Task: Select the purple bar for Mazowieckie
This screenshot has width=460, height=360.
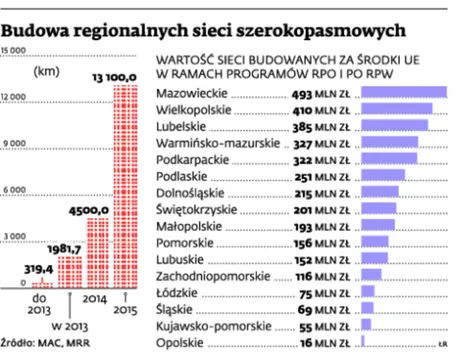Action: pyautogui.click(x=403, y=93)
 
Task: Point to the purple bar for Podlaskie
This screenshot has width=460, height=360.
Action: pyautogui.click(x=381, y=177)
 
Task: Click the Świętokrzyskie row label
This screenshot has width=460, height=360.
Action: pyautogui.click(x=197, y=210)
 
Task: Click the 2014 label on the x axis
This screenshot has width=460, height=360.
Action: pyautogui.click(x=95, y=298)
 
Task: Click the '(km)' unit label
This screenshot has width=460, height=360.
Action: pyautogui.click(x=46, y=71)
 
